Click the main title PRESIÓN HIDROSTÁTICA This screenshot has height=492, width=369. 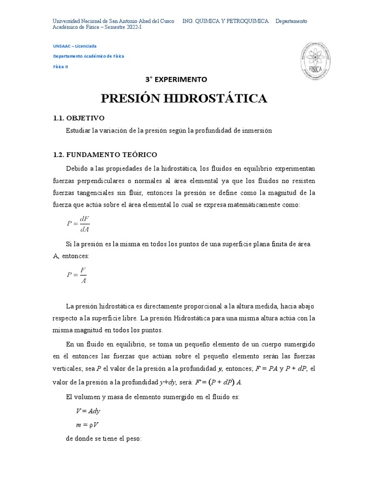[x=184, y=98]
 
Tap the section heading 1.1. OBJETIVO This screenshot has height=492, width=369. [x=78, y=118]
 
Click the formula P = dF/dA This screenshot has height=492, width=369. [x=78, y=224]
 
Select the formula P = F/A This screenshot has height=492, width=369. [x=77, y=275]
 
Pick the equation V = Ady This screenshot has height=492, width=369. [x=88, y=411]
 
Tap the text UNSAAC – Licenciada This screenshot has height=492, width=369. [x=74, y=46]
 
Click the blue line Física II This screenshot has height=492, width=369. [x=61, y=67]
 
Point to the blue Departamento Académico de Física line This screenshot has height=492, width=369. [x=88, y=56]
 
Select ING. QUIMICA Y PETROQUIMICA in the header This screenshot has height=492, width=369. [x=225, y=21]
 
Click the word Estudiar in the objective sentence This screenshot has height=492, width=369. [x=77, y=131]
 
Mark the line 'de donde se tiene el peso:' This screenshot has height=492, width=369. [x=103, y=439]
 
